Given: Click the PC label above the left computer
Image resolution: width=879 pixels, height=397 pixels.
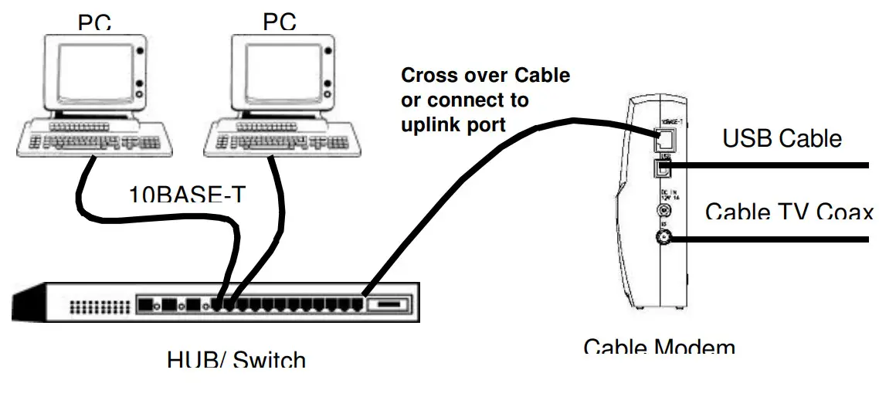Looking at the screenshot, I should pyautogui.click(x=93, y=23).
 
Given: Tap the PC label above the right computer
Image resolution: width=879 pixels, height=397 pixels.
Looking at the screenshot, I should pyautogui.click(x=279, y=23).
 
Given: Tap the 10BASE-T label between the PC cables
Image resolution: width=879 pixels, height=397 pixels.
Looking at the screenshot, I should pyautogui.click(x=187, y=196).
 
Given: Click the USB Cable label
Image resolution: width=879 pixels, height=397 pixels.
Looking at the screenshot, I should pyautogui.click(x=782, y=138).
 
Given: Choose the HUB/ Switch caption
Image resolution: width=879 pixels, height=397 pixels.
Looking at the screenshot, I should pyautogui.click(x=236, y=359).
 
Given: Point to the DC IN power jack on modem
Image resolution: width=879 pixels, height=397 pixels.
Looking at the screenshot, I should pyautogui.click(x=663, y=209).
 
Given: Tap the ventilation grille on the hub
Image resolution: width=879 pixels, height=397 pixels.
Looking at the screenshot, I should pyautogui.click(x=98, y=307).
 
